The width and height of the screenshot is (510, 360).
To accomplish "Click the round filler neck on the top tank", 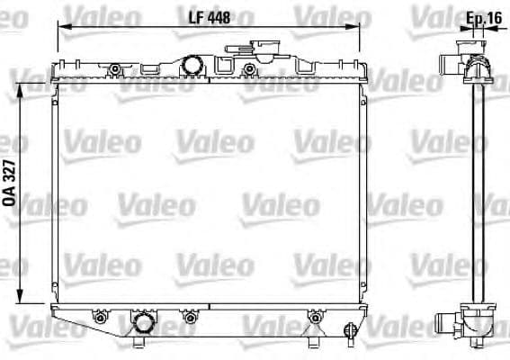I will click(x=193, y=64).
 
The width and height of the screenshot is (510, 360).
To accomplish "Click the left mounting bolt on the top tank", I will click(x=114, y=70).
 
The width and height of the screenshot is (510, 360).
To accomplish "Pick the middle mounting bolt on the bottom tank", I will click(x=189, y=317).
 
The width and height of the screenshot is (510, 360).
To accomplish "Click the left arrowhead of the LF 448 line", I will click(x=61, y=27).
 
